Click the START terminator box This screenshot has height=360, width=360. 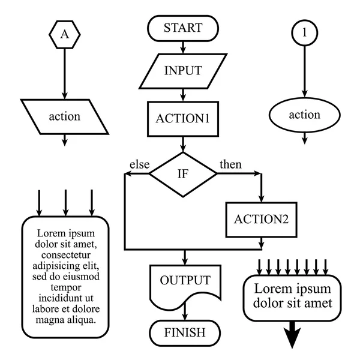point(183,28)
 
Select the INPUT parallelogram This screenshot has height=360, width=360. point(183,70)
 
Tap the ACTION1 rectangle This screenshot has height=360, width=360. point(183,118)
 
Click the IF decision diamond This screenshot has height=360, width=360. point(183,174)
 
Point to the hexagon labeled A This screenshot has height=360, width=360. point(65,35)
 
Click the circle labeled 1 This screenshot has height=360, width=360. point(305,34)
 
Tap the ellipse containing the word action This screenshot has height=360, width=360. point(305,115)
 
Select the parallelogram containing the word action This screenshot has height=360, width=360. point(65,116)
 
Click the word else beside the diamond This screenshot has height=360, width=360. point(139,164)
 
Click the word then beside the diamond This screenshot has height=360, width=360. point(231,164)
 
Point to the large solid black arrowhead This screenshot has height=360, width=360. point(292,336)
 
